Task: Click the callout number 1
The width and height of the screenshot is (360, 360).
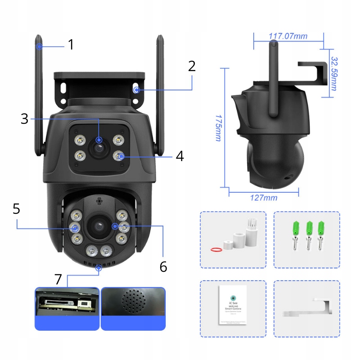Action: [x=71, y=45]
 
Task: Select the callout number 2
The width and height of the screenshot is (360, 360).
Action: [x=192, y=66]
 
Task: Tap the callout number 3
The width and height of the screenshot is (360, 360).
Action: [x=24, y=119]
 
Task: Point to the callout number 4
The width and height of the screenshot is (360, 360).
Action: [x=180, y=156]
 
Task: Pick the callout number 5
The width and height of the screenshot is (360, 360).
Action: [x=16, y=209]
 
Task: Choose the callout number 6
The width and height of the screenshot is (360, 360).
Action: [x=163, y=266]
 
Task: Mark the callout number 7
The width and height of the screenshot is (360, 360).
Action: [x=58, y=279]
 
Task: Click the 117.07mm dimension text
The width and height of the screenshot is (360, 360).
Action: [x=288, y=36]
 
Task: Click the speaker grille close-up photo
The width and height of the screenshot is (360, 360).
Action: [x=133, y=302]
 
